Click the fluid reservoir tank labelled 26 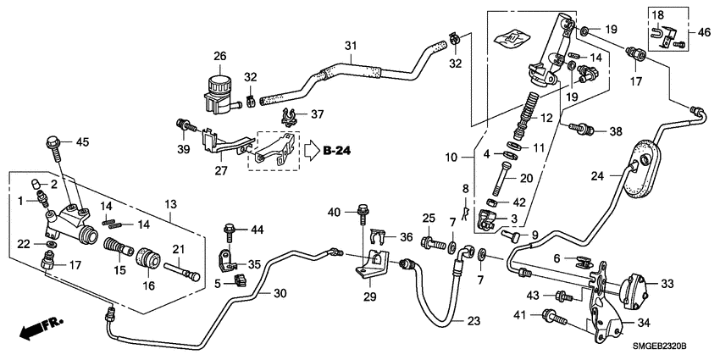pos(219,88)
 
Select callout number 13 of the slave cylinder pos(169,204)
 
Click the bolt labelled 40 pos(365,213)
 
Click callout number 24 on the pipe pos(595,177)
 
